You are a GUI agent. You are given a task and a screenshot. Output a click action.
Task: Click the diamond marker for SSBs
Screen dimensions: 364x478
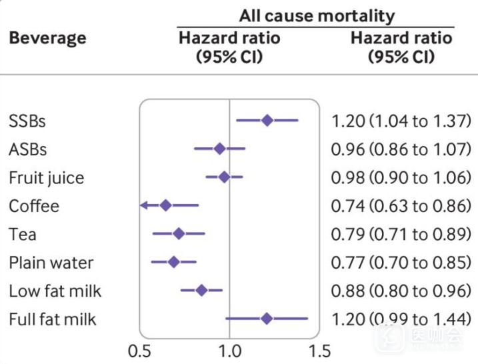point(267,121)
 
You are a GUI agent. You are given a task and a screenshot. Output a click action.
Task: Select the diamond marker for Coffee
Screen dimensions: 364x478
point(166,205)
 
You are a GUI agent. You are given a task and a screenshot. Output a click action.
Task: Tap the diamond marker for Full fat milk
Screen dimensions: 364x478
point(267,319)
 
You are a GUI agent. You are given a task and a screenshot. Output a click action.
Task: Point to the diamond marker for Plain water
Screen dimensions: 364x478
point(174,262)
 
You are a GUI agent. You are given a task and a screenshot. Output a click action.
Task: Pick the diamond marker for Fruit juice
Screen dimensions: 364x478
point(225,177)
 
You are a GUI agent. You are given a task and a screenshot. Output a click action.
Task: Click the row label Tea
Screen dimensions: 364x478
point(23,235)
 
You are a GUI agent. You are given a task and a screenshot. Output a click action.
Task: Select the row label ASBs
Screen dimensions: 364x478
point(28,149)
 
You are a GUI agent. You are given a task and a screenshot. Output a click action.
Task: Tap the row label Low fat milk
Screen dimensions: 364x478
point(55,291)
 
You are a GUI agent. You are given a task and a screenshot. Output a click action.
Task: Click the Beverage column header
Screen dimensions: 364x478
point(47,37)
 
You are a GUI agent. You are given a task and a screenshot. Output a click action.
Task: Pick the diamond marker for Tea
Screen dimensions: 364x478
point(179,233)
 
